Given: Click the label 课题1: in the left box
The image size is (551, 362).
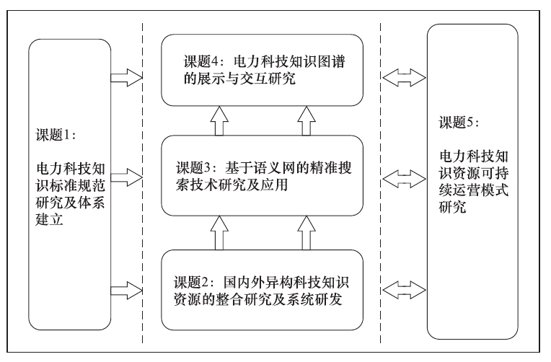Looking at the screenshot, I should click(55, 135).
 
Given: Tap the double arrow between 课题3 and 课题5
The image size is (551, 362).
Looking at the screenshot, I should click(401, 175).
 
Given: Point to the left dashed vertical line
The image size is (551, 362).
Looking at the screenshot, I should click(142, 180).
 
